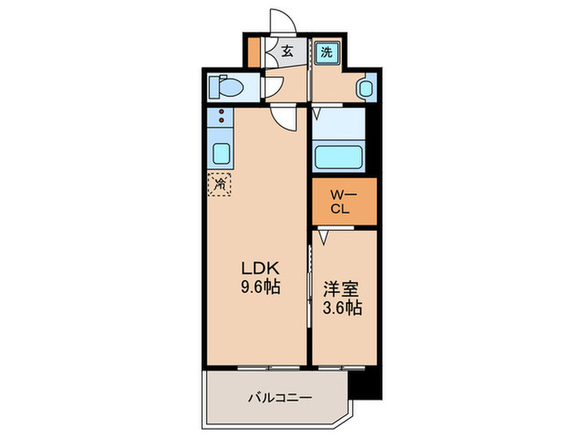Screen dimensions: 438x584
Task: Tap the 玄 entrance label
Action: click(x=287, y=52)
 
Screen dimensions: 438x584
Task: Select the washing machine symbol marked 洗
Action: click(x=327, y=52)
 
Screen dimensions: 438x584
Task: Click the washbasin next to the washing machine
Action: click(x=365, y=87)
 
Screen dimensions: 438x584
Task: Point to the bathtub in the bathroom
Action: click(x=342, y=156)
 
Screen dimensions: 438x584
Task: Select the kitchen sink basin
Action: click(x=221, y=154)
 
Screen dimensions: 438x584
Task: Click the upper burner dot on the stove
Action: click(x=222, y=111)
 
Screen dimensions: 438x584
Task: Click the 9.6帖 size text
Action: click(x=259, y=287)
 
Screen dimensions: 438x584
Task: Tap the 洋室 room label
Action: click(x=340, y=290)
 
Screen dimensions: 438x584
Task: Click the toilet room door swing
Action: click(x=274, y=86)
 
